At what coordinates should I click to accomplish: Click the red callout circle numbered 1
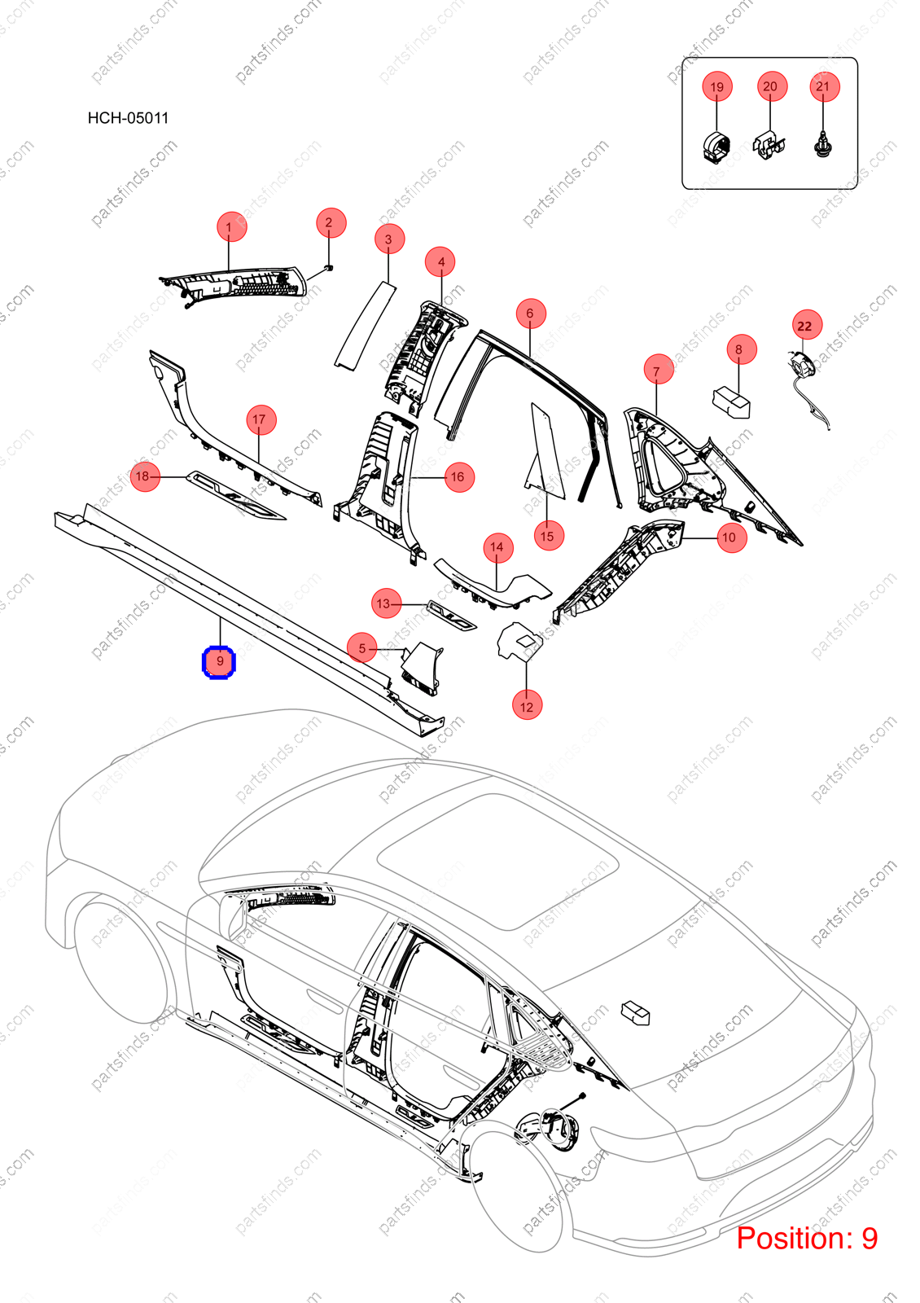231,226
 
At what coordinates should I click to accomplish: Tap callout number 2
331,223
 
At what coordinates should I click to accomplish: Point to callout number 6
531,313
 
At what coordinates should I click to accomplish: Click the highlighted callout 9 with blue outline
219,662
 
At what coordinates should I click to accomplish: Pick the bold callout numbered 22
807,325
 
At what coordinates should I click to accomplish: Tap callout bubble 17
261,419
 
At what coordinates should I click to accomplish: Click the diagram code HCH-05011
128,118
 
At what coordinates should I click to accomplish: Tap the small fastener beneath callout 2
329,267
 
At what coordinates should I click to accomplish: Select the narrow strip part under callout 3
366,325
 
